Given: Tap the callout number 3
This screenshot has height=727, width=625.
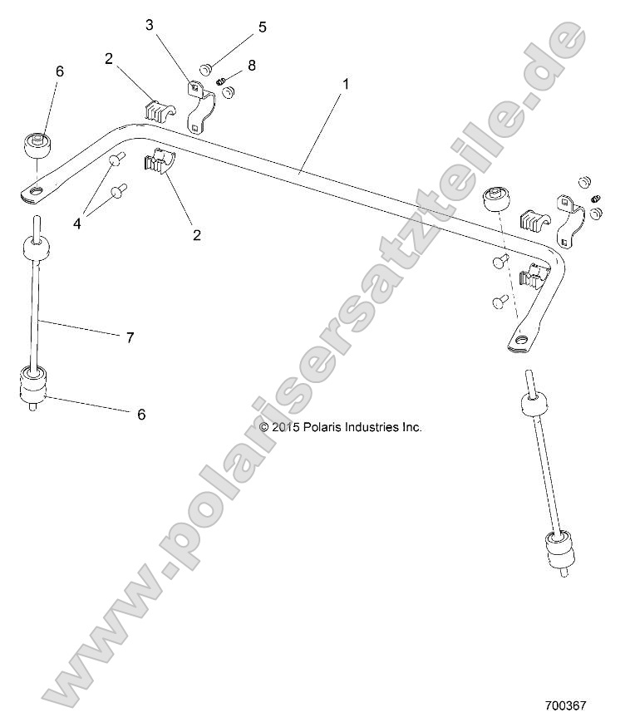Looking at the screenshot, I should point(150,25).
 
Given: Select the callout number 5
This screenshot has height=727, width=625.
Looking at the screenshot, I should point(263,27).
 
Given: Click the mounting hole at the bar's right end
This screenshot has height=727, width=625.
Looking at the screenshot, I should point(523,341).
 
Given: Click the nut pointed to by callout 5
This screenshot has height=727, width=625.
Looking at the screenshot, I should point(207,67).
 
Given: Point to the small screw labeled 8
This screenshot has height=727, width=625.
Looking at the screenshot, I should point(222,81).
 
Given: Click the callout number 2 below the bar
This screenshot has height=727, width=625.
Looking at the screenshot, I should point(197,235).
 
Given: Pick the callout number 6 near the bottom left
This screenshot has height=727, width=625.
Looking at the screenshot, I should point(141,414).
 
